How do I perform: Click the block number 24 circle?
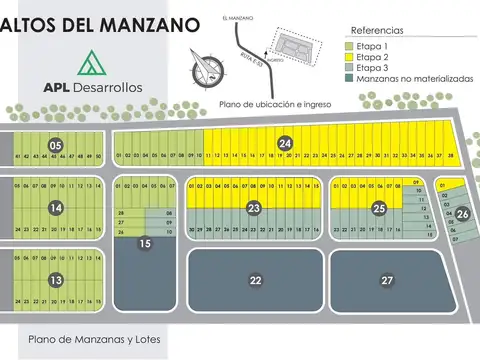[x=285, y=143]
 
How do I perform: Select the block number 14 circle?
[x=56, y=208]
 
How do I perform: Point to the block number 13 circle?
[x=56, y=280]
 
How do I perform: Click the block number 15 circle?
[x=145, y=243]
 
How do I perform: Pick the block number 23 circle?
[x=255, y=208]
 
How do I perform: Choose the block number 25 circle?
[x=379, y=208]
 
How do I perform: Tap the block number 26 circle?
[x=462, y=214]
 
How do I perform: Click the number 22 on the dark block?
[x=255, y=281]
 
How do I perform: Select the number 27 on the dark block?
[x=387, y=281]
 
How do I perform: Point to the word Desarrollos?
[x=106, y=87]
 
